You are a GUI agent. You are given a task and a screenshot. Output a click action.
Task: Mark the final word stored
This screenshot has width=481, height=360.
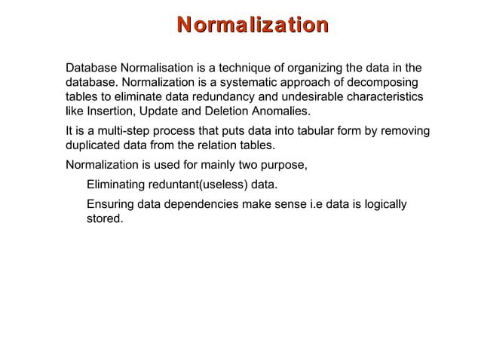coord(104,219)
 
